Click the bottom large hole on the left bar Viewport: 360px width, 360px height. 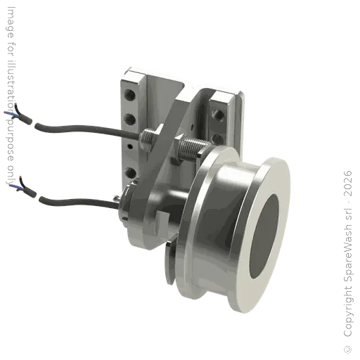pos(131,169)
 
